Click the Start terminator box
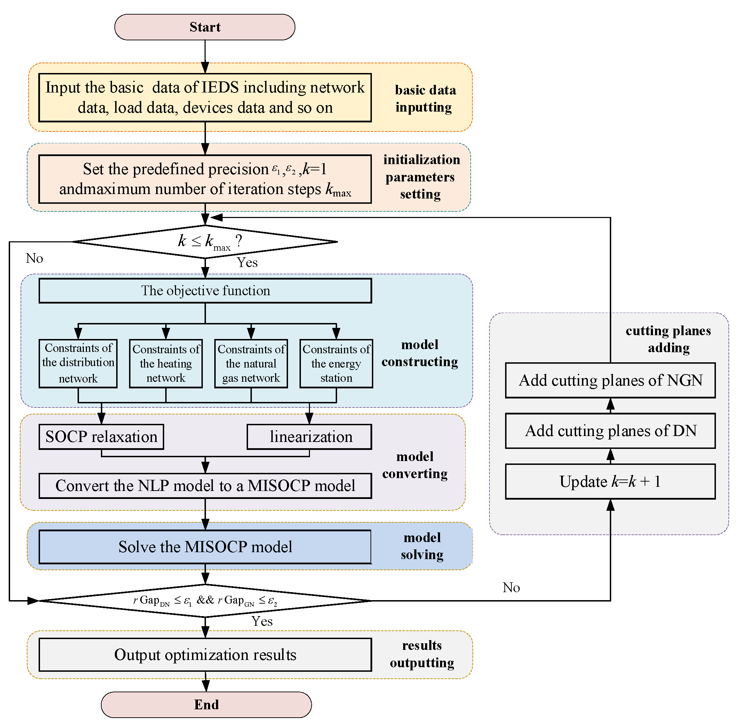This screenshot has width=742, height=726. tap(205, 27)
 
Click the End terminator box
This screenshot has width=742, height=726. tap(206, 705)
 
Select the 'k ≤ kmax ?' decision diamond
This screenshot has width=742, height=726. tap(205, 241)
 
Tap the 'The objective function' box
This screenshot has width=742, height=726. tap(205, 291)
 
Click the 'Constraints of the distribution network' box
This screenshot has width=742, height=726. tap(78, 363)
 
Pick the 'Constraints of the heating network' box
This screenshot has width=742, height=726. tap(166, 364)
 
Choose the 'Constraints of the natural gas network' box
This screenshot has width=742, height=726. tap(251, 364)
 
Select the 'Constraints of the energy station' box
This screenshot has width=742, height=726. tap(336, 364)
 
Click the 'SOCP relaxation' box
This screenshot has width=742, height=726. tap(101, 437)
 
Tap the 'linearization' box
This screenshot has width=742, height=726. tap(309, 437)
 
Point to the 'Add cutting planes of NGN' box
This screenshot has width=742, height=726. tap(610, 380)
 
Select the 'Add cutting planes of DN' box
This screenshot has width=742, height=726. tap(610, 431)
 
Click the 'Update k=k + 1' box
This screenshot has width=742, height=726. tap(610, 482)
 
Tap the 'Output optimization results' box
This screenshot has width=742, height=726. tap(205, 655)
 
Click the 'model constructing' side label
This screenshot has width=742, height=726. tap(420, 353)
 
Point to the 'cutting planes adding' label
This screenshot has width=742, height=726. tap(668, 339)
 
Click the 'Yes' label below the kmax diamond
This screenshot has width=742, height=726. tap(247, 263)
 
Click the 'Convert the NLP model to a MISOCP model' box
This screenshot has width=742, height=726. tap(205, 486)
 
